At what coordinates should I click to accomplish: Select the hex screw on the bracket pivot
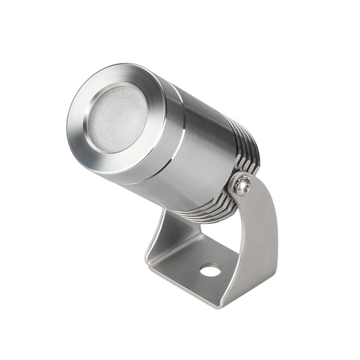pyautogui.click(x=243, y=187)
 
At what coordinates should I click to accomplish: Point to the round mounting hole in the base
pyautogui.click(x=210, y=270)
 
